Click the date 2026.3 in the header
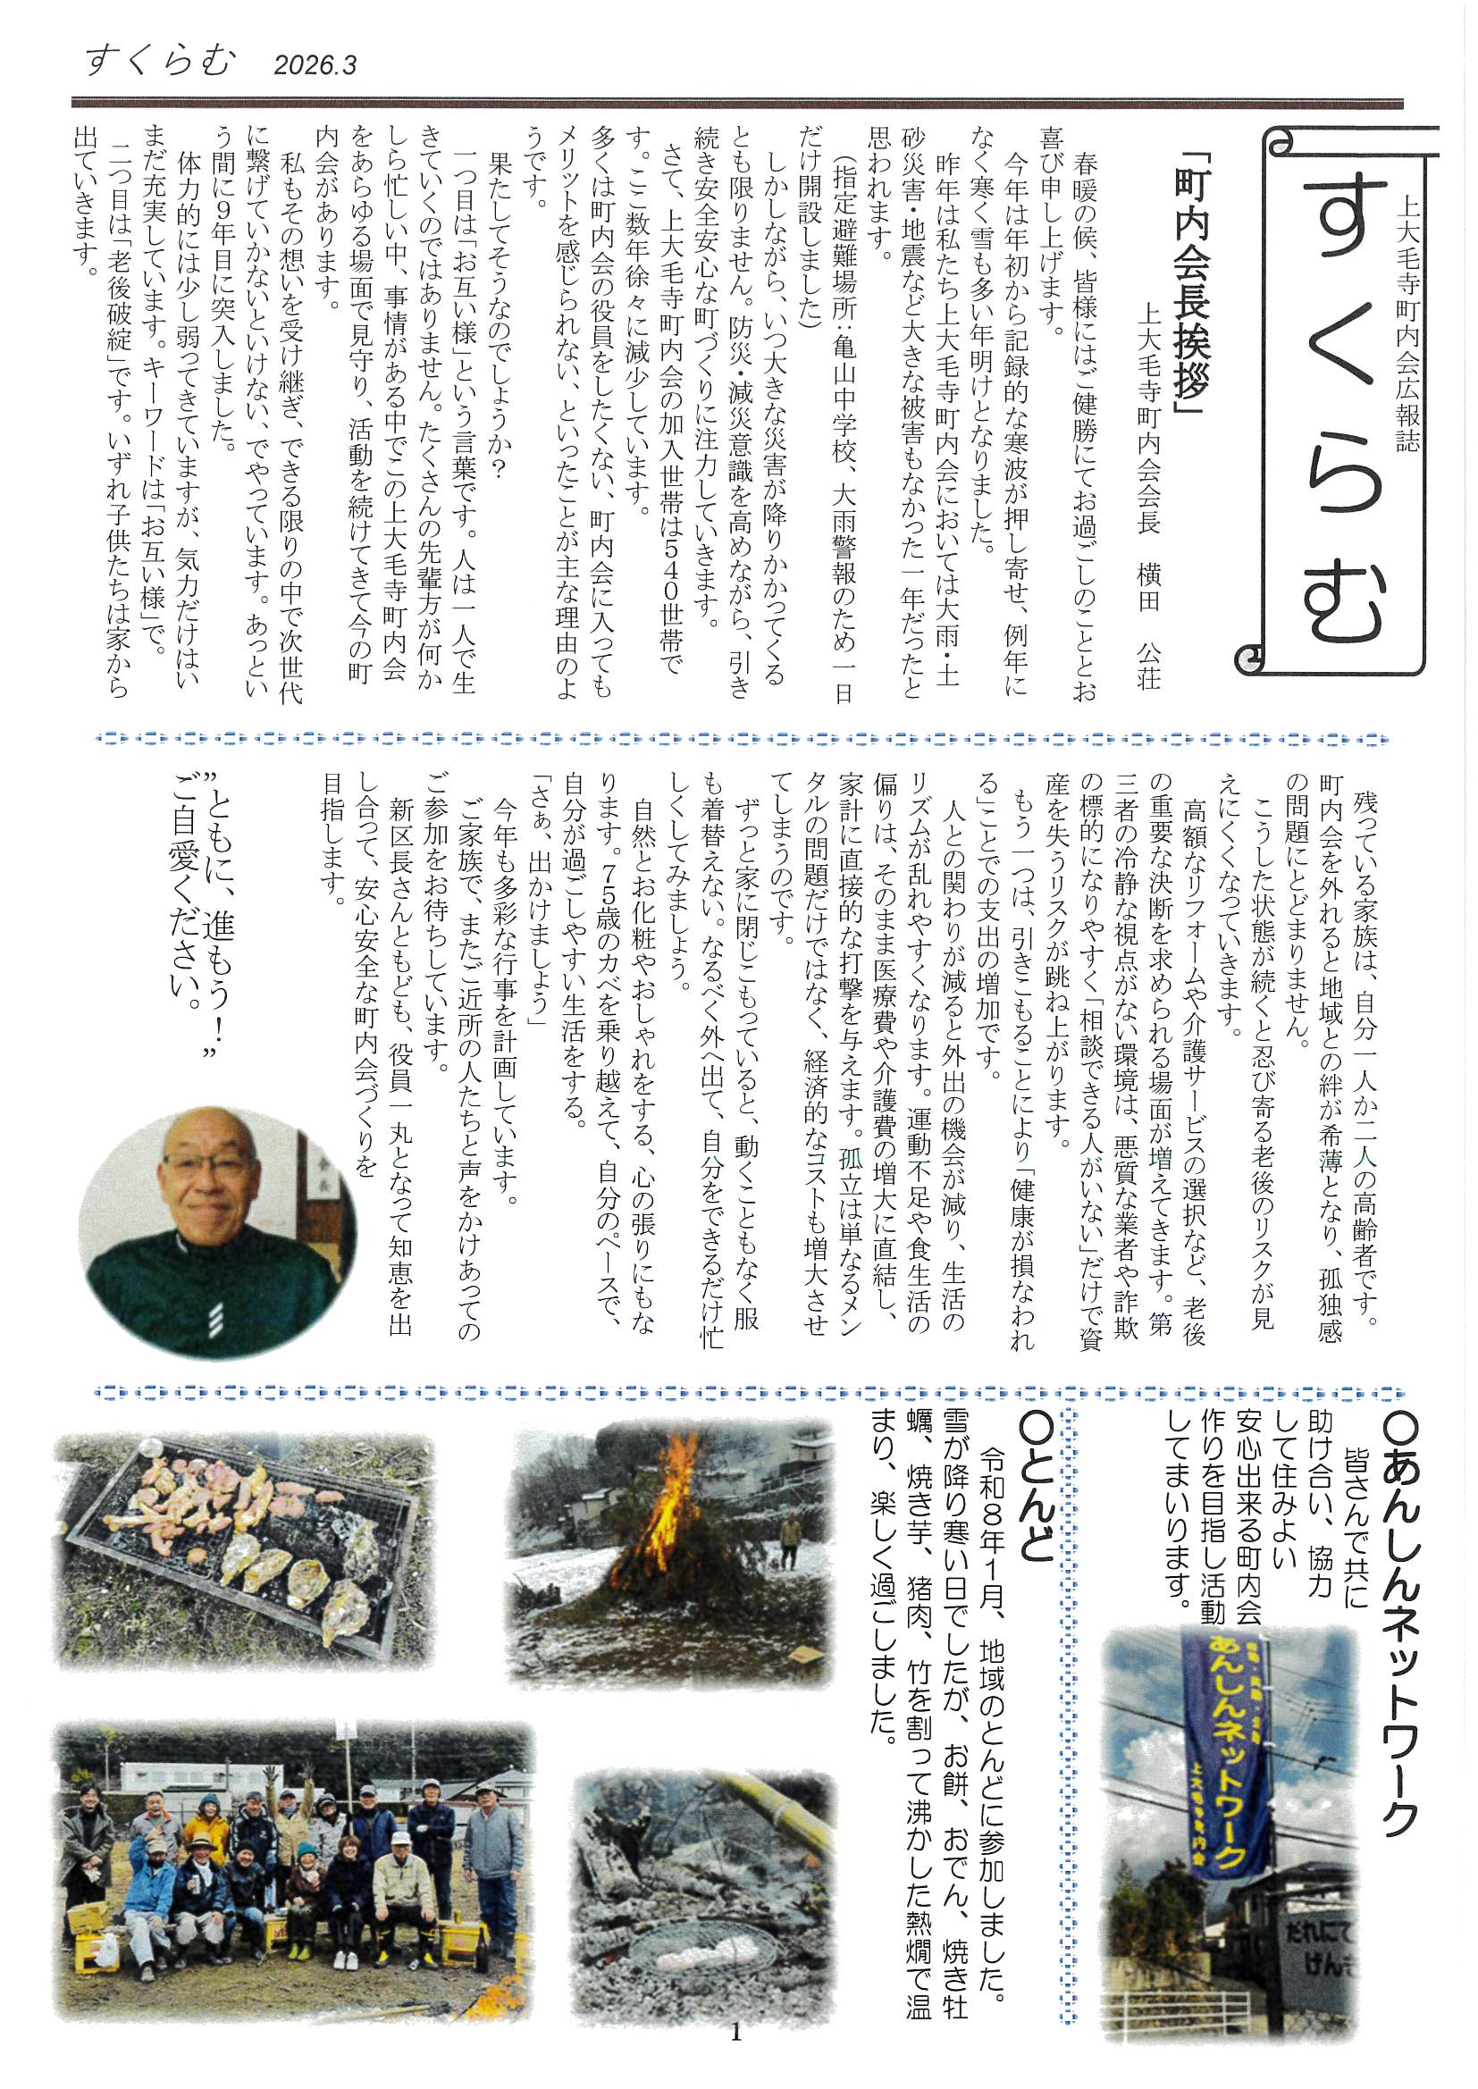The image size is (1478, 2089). point(314,65)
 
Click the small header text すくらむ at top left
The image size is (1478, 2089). point(160,62)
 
